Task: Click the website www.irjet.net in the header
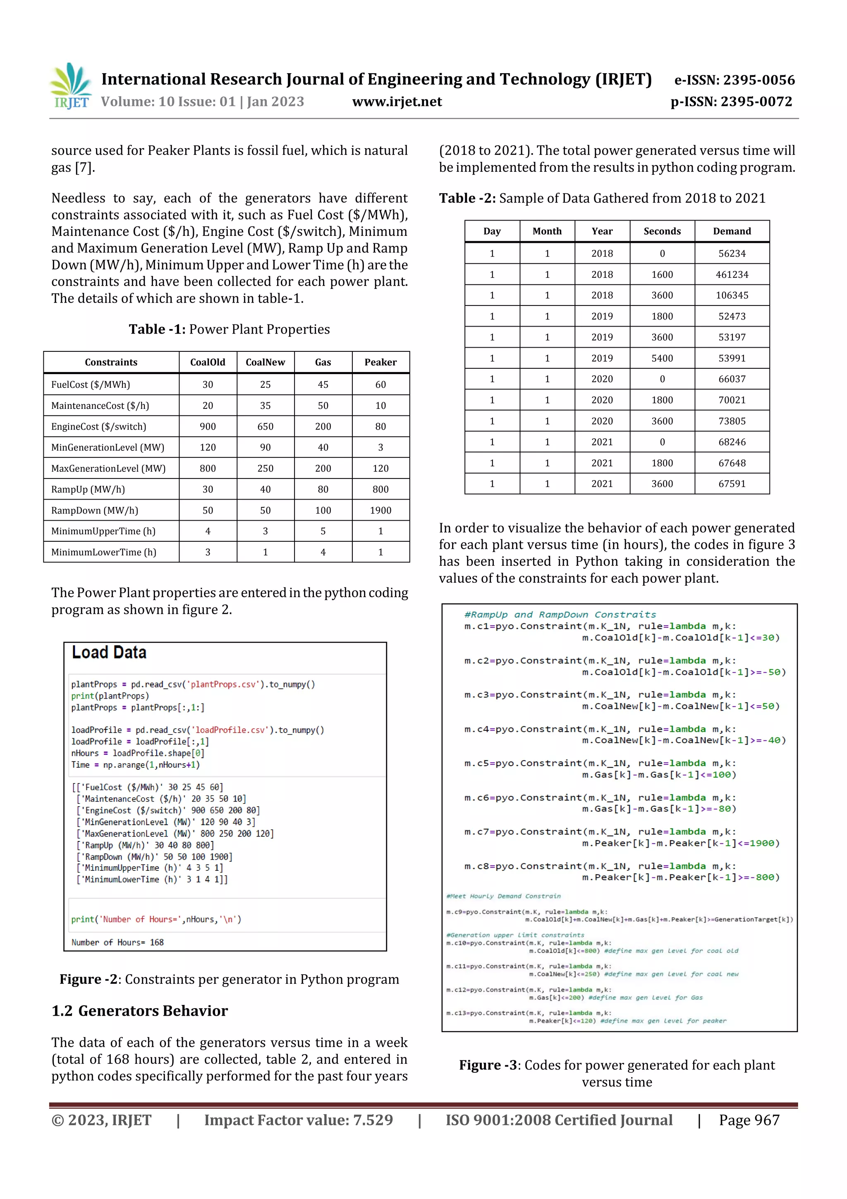point(397,102)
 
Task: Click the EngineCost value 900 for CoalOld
point(208,427)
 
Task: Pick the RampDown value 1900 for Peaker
point(380,511)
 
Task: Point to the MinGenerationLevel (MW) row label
point(108,447)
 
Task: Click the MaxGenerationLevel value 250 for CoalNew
point(265,469)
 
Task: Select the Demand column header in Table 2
point(732,231)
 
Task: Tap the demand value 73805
point(732,421)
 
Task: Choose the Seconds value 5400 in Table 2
point(662,358)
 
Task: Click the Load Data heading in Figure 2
point(109,653)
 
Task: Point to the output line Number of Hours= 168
point(117,942)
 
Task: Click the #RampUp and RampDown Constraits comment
point(560,615)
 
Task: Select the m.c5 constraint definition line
point(600,764)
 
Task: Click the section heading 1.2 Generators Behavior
point(140,1011)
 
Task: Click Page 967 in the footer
point(749,1120)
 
